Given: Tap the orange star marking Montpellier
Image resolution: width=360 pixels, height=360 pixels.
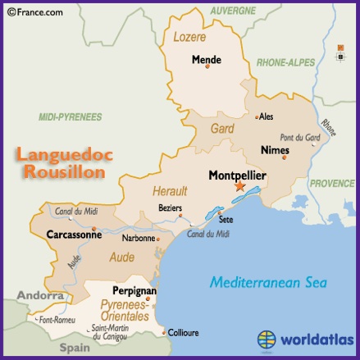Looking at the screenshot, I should [239, 187].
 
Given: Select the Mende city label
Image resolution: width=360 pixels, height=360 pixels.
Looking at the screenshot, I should [207, 59].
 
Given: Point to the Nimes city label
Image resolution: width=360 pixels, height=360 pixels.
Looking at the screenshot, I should [274, 150].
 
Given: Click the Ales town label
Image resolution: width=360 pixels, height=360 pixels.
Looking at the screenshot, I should [267, 116].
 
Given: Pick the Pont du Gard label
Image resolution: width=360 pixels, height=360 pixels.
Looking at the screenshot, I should [299, 137].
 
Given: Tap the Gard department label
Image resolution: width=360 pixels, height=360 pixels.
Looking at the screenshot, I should [223, 129].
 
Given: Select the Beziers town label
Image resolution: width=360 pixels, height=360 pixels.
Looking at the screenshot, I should [170, 208].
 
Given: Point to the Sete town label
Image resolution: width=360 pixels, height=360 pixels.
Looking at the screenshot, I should [226, 220].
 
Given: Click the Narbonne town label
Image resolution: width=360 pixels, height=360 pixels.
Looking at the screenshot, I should [139, 239].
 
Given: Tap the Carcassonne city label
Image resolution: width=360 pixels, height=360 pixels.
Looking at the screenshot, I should [74, 235].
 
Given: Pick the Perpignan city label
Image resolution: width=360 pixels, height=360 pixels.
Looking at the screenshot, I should [134, 291].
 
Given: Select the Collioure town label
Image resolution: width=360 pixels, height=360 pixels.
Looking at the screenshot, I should [183, 334].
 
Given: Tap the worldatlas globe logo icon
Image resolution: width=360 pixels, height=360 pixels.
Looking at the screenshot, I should [267, 339].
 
